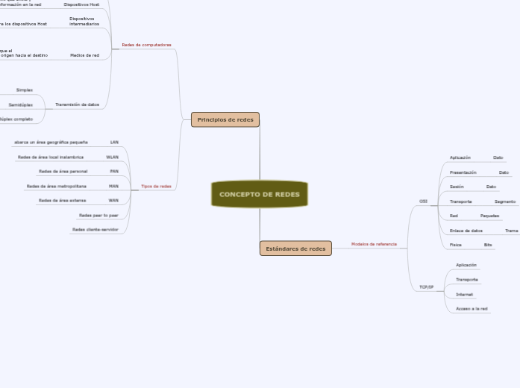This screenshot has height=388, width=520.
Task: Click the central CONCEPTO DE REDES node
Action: click(x=260, y=194)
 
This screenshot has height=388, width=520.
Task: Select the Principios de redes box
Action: click(x=225, y=119)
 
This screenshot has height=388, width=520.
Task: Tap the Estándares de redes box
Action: click(x=295, y=248)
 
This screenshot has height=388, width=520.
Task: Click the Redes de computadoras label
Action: click(x=146, y=45)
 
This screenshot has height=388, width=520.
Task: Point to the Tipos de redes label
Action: click(x=156, y=187)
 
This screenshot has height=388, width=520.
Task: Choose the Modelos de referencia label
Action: click(x=374, y=244)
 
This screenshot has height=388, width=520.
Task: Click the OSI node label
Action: click(x=424, y=201)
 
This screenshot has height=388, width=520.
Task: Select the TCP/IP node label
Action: click(x=426, y=287)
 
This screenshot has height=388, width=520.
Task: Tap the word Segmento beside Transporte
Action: click(x=505, y=201)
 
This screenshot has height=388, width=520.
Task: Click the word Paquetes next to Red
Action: click(x=489, y=216)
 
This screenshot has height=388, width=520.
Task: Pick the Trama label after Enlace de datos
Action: click(x=511, y=231)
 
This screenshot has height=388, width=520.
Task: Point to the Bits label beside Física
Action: click(x=488, y=245)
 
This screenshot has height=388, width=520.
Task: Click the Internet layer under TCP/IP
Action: click(x=464, y=294)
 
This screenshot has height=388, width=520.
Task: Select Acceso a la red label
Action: click(x=472, y=308)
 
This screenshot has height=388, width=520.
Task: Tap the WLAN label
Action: click(x=113, y=157)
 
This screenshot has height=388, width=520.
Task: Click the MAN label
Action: click(x=113, y=186)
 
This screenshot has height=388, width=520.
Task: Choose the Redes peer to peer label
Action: click(x=98, y=215)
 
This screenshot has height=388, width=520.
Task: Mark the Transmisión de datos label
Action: click(x=77, y=104)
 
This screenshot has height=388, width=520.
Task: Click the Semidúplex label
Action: click(x=21, y=104)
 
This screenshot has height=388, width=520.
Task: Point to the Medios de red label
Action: click(x=84, y=55)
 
